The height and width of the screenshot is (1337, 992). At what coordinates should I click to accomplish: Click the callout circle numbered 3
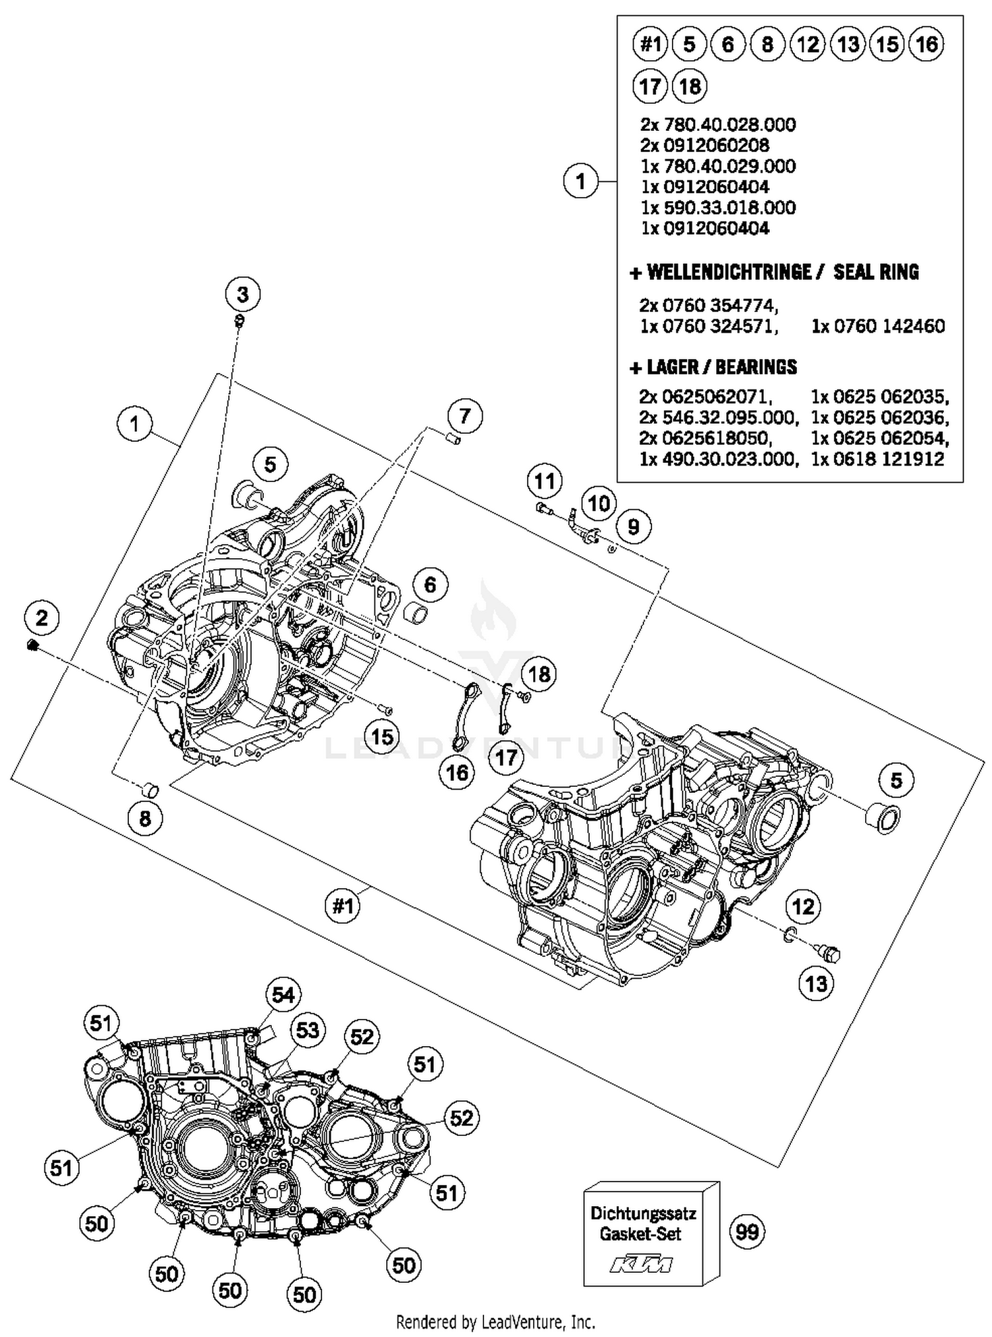coord(243,294)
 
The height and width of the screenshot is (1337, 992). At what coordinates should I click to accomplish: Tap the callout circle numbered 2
coord(42,618)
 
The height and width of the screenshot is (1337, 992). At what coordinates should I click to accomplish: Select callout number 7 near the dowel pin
coord(465,416)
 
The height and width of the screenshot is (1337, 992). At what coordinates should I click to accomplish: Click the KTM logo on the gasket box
coord(640,1264)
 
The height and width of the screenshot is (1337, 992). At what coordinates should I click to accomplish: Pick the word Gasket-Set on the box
coord(640,1234)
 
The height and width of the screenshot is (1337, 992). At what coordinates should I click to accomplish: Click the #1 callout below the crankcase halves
coord(343,905)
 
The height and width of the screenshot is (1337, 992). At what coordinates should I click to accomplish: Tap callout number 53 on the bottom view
coord(308,1030)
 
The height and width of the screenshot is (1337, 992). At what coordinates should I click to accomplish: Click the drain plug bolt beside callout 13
coord(827,953)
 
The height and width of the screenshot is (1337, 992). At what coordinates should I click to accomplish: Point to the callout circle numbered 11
coord(544,481)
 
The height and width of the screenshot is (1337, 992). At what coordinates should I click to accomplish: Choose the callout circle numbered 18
coord(540,674)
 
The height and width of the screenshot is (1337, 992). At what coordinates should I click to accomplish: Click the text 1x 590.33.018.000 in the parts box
coord(718,208)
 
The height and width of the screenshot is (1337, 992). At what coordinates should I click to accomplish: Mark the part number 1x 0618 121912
coord(878,459)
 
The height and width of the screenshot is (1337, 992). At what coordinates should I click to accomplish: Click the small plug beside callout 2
coord(31,645)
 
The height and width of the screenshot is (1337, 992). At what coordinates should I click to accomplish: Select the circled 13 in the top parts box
coord(848,44)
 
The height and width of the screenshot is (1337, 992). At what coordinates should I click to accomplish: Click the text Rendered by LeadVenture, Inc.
coord(495,1322)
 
